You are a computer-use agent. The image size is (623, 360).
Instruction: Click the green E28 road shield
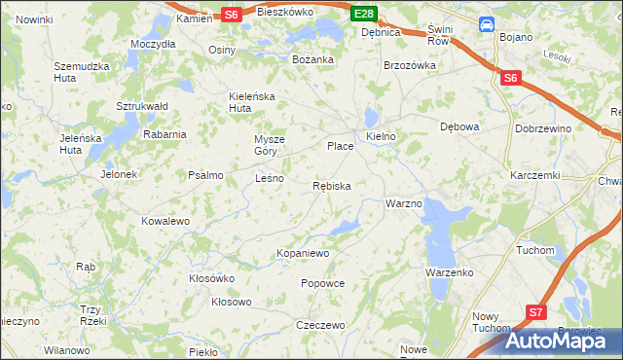click(x=364, y=14)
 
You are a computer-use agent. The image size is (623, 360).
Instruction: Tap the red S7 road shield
click(x=536, y=312)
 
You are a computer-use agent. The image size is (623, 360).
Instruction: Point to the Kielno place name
click(x=381, y=136)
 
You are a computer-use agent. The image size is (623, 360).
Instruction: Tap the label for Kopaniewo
click(x=304, y=253)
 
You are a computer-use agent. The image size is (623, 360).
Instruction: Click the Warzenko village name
click(x=449, y=272)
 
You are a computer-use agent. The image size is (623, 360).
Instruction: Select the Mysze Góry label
click(x=272, y=144)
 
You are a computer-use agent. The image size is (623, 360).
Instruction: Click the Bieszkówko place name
click(x=285, y=13)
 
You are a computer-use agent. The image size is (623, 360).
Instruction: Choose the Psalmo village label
click(x=205, y=175)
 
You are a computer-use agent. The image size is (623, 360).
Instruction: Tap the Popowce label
click(x=323, y=283)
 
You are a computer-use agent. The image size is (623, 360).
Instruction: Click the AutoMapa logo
click(x=563, y=341)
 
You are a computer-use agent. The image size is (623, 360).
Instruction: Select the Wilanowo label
click(x=67, y=349)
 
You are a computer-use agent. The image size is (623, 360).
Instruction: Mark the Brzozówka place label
click(x=408, y=65)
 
